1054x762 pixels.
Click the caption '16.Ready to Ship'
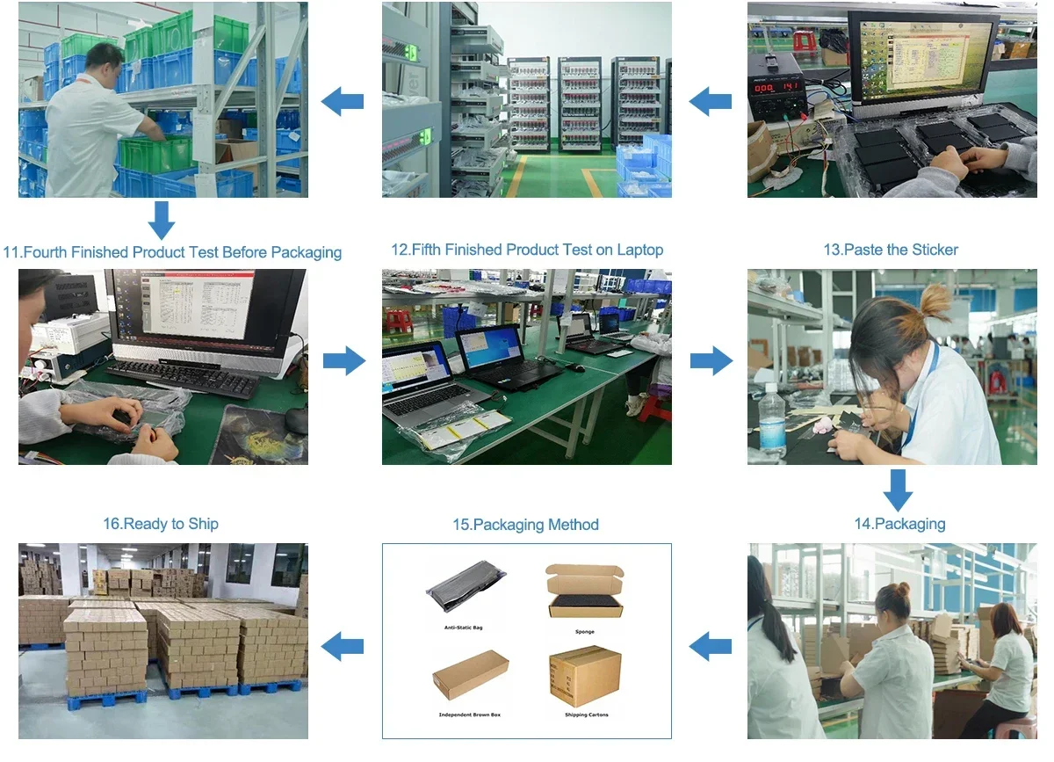click(161, 524)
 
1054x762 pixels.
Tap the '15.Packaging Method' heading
click(525, 525)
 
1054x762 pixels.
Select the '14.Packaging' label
click(899, 524)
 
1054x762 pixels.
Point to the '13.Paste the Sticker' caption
click(891, 250)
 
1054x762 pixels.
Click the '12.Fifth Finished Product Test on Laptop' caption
click(527, 250)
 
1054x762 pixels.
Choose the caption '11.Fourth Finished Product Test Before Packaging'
click(172, 252)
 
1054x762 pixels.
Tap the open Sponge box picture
click(585, 591)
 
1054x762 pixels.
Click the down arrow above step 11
click(161, 220)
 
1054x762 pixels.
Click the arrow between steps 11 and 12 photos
click(344, 360)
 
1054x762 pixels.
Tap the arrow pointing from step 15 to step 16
click(343, 648)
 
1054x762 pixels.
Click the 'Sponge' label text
click(585, 632)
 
